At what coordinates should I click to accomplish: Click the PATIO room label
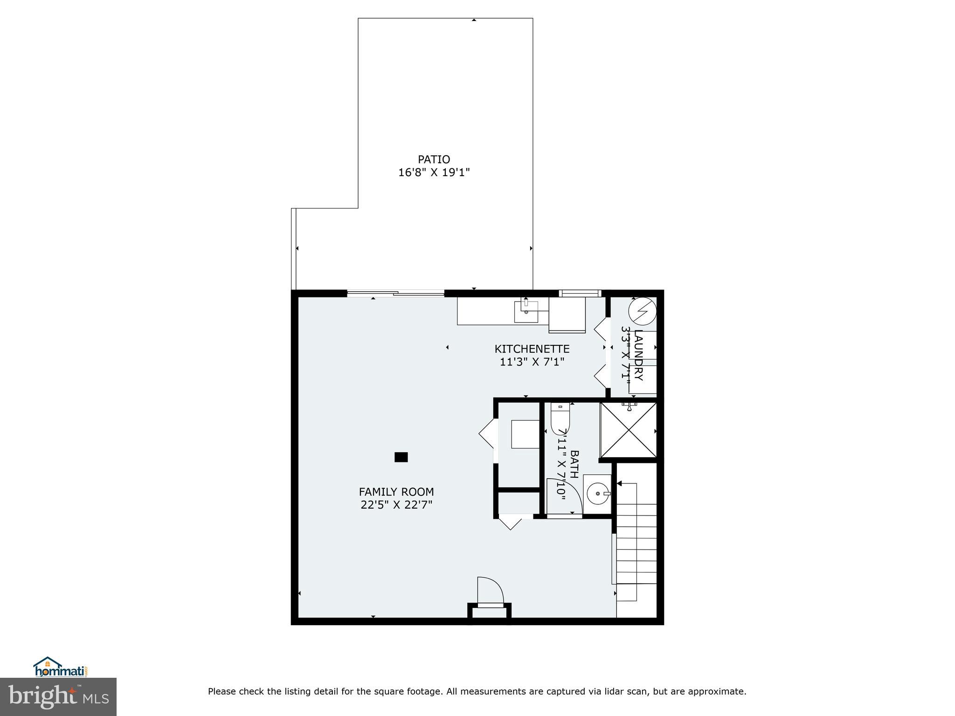[434, 160]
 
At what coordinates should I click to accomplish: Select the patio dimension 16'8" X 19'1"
[434, 173]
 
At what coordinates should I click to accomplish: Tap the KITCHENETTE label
[532, 349]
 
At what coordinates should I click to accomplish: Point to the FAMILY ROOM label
[396, 492]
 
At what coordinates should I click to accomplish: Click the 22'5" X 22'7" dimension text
[396, 505]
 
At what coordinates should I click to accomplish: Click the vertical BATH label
[574, 464]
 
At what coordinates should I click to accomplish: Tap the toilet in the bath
[560, 417]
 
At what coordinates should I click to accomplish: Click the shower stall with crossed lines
[628, 430]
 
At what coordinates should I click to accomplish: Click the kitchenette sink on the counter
[526, 312]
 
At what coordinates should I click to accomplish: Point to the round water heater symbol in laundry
[642, 311]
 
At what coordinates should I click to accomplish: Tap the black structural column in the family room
[401, 457]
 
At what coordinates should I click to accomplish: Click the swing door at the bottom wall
[490, 592]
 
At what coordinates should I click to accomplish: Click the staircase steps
[637, 550]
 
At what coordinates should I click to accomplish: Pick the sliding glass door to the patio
[395, 293]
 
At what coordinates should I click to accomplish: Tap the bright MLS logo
[58, 696]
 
